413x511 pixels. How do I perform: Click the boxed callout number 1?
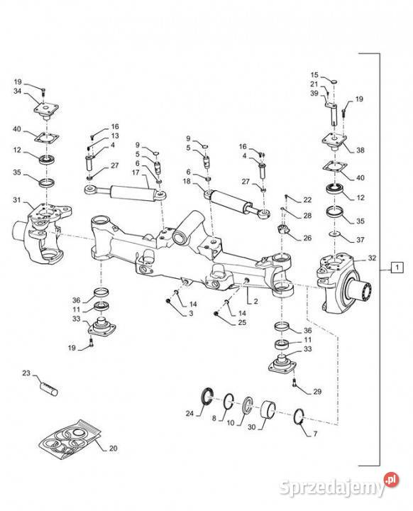coord(397,268)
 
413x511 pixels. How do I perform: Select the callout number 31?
coord(17,201)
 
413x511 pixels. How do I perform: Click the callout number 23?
coord(26,372)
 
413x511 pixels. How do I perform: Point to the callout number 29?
coord(316,391)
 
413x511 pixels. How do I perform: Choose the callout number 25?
coord(243,323)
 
